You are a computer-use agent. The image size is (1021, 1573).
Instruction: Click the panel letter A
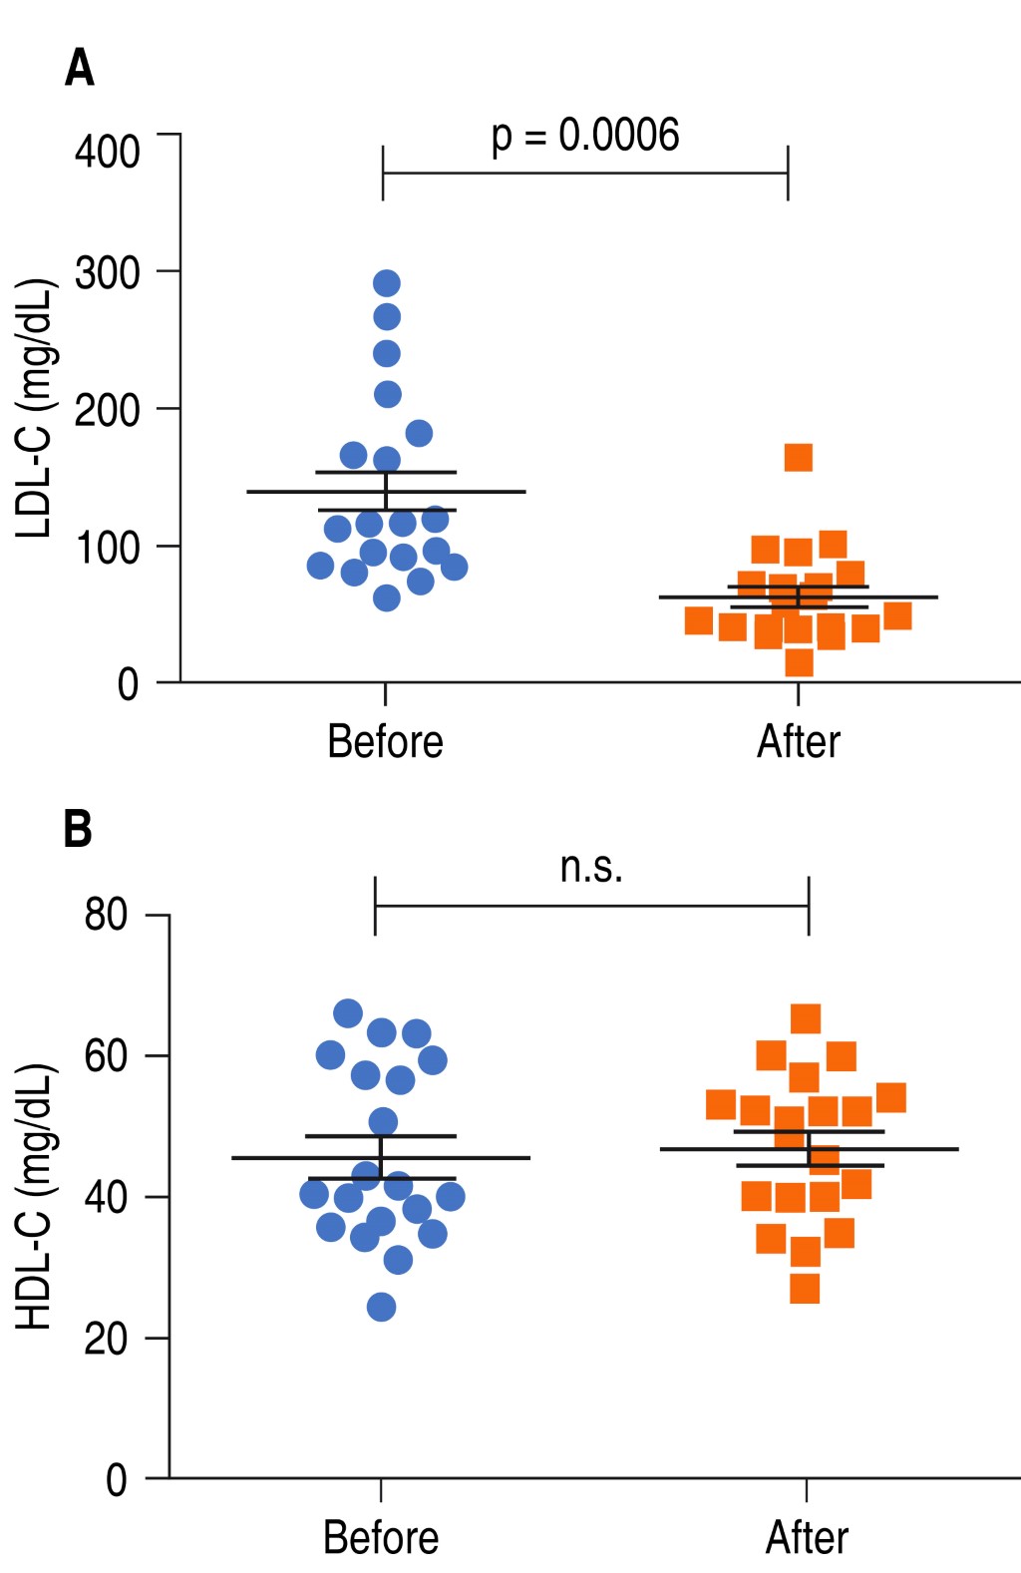(x=80, y=69)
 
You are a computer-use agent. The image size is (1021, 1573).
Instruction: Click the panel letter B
(x=78, y=829)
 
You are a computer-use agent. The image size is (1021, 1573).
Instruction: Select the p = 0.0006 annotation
(x=585, y=137)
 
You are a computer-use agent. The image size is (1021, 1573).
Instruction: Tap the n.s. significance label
(x=591, y=867)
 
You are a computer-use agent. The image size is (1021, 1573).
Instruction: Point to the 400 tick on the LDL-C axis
(x=108, y=152)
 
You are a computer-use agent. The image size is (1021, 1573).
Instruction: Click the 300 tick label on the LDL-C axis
(x=108, y=272)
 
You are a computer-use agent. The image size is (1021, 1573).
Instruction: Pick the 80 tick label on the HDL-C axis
(x=107, y=914)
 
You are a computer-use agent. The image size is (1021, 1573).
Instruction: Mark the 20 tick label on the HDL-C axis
(x=107, y=1338)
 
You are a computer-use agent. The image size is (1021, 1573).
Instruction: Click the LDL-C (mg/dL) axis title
(x=35, y=409)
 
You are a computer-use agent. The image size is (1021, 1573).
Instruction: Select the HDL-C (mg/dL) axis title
(x=35, y=1196)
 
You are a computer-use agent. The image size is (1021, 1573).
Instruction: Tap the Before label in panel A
(x=385, y=742)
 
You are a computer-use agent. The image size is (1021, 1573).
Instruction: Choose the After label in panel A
(x=798, y=742)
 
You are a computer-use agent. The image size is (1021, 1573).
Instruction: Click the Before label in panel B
(x=381, y=1537)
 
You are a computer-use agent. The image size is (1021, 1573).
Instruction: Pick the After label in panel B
(x=807, y=1537)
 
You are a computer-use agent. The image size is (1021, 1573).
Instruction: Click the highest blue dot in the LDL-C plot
(x=387, y=284)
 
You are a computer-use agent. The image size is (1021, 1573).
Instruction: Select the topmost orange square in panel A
(x=799, y=458)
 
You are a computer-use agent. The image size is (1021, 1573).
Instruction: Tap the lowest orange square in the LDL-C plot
(x=799, y=662)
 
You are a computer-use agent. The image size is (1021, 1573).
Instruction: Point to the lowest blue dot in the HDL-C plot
(x=381, y=1307)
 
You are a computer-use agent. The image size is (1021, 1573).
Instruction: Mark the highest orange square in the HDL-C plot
(x=806, y=1018)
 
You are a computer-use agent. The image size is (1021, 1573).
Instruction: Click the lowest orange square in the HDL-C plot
(x=805, y=1289)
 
